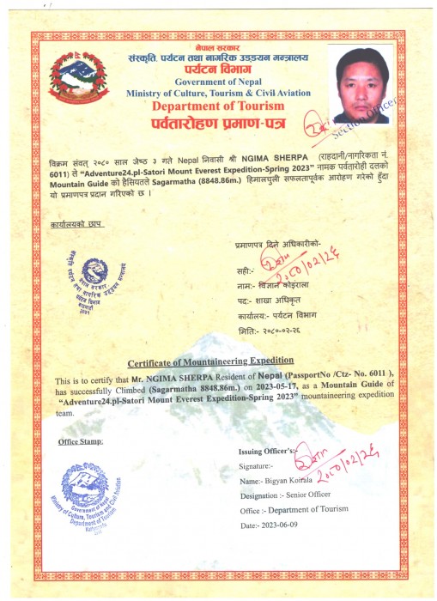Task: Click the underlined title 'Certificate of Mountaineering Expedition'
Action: point(210,361)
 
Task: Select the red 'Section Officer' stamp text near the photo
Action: point(378,112)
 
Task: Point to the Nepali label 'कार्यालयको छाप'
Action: point(67,223)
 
